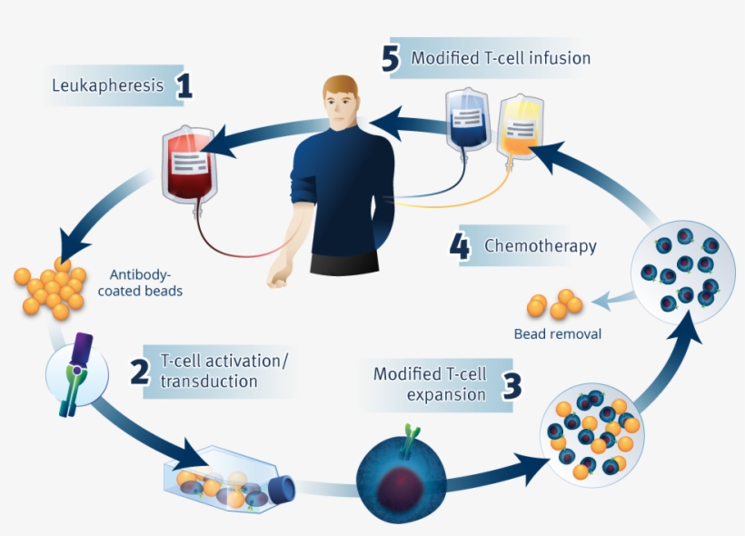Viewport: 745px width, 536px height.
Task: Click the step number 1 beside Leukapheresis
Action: tap(184, 86)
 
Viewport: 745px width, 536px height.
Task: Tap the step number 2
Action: tap(139, 372)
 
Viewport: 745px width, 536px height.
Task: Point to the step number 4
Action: tap(461, 247)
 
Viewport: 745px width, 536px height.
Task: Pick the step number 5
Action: tap(390, 59)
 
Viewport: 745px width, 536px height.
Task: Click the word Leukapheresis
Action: tap(109, 86)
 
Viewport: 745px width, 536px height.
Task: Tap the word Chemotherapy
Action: tap(541, 245)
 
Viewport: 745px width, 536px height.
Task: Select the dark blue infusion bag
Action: tap(468, 121)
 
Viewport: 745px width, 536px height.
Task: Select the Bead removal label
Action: tap(558, 333)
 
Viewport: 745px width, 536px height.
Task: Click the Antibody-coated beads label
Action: tap(145, 283)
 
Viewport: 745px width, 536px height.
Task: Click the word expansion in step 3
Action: tap(446, 394)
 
